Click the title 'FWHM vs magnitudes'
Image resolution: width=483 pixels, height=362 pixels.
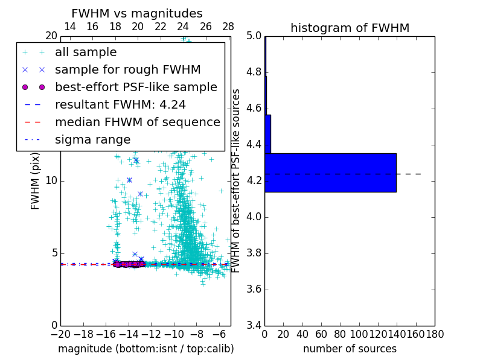137,13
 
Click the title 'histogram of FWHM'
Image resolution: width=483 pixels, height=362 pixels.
350,28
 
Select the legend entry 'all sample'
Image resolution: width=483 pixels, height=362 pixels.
86,52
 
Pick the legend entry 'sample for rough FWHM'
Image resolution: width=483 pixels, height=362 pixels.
127,69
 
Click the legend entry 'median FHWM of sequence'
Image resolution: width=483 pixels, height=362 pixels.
137,122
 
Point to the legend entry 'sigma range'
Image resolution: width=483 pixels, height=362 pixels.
92,139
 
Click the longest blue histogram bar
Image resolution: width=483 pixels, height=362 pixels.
330,173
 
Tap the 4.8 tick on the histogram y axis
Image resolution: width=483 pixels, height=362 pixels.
254,72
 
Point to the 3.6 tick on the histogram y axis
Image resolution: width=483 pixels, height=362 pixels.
254,289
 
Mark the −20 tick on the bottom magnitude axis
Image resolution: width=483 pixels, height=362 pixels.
60,334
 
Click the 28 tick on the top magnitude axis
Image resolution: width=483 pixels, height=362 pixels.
228,27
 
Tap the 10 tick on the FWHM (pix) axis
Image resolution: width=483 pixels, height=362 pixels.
51,180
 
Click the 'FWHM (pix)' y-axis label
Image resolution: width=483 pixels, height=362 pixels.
36,180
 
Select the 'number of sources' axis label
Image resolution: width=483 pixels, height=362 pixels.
350,349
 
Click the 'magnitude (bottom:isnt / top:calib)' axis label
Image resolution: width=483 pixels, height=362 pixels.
146,349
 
